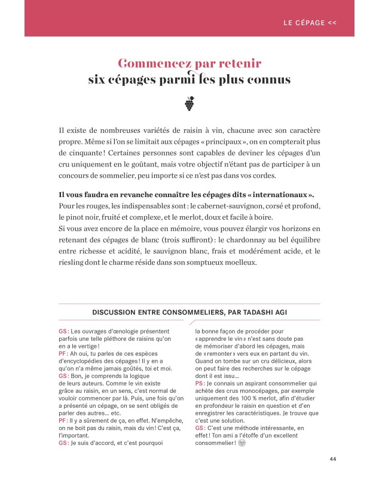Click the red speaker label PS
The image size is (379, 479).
[199, 399]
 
